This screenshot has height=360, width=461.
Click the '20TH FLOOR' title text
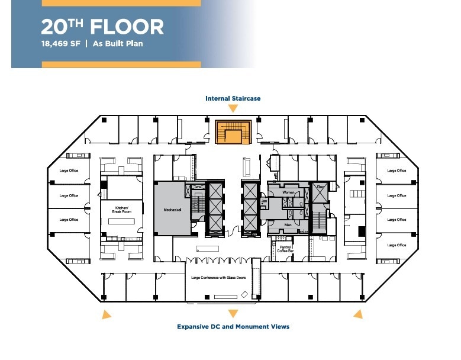tap(102, 27)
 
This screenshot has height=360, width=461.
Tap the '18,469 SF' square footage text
tap(60, 43)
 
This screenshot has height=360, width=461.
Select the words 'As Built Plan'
tap(118, 43)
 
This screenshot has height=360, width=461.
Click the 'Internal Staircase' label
tap(233, 98)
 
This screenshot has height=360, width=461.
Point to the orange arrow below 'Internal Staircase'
tap(233, 108)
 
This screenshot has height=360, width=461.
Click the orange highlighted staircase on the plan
tap(233, 131)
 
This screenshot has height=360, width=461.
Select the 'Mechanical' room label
tap(172, 210)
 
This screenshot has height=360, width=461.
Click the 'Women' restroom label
tap(288, 192)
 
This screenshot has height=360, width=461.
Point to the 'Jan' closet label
tap(265, 202)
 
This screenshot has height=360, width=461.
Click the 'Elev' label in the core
tap(320, 187)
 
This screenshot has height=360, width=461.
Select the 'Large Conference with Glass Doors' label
tap(218, 277)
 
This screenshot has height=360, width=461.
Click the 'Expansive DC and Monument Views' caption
tap(233, 326)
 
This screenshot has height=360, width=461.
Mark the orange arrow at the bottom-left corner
tap(105, 314)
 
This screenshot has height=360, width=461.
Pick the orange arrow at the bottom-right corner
tap(357, 314)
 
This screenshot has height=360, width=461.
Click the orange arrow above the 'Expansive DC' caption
tap(233, 314)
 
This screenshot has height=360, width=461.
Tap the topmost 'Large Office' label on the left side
tap(69, 171)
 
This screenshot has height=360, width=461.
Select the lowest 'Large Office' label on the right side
tap(396, 245)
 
